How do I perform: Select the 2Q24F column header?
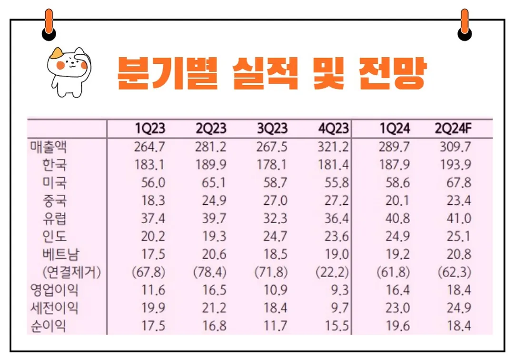[x=453, y=129]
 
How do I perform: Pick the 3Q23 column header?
[x=272, y=129]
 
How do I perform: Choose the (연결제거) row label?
[x=71, y=273]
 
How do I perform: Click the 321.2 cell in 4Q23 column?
[x=333, y=146]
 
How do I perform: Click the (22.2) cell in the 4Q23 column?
[x=332, y=273]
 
